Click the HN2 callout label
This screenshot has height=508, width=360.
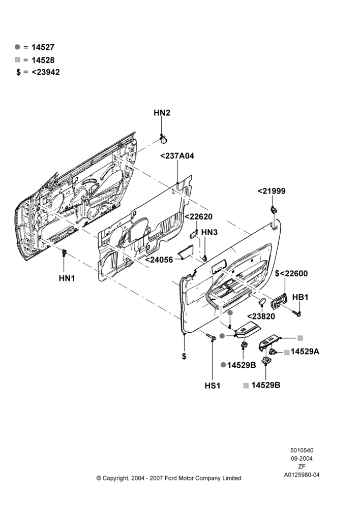(x=162, y=113)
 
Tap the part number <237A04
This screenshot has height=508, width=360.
(x=177, y=156)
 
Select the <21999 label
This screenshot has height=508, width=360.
(x=272, y=191)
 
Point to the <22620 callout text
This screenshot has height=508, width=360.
(x=198, y=217)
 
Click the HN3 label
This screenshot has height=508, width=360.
(x=209, y=232)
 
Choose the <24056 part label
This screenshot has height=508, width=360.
(x=159, y=260)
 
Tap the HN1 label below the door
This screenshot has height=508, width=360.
(x=67, y=278)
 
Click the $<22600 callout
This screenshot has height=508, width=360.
(x=291, y=273)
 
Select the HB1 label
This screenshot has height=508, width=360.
(x=301, y=297)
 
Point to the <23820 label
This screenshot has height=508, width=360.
(x=261, y=316)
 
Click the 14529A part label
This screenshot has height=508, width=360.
(x=305, y=352)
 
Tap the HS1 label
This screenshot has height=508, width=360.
(x=213, y=386)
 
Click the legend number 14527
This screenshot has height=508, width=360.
(x=43, y=47)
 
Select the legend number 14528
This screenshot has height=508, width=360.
(x=43, y=60)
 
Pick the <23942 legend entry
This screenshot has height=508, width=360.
(x=46, y=72)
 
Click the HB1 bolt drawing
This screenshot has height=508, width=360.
(x=297, y=313)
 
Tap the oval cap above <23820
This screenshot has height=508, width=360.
(x=262, y=302)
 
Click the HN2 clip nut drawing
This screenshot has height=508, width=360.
(x=164, y=139)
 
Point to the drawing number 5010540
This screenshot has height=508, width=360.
(x=302, y=450)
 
